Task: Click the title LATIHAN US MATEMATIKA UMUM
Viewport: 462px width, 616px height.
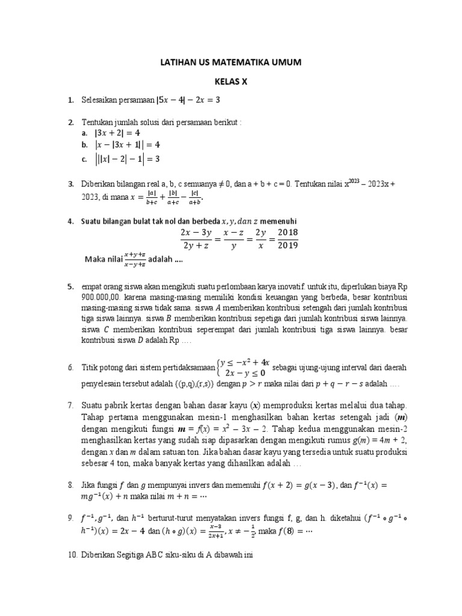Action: [x=230, y=62]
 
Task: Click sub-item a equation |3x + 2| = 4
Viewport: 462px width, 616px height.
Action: [x=117, y=133]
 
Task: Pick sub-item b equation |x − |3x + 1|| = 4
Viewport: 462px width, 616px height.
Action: [x=128, y=145]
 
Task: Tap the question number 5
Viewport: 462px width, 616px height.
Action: [x=70, y=286]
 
